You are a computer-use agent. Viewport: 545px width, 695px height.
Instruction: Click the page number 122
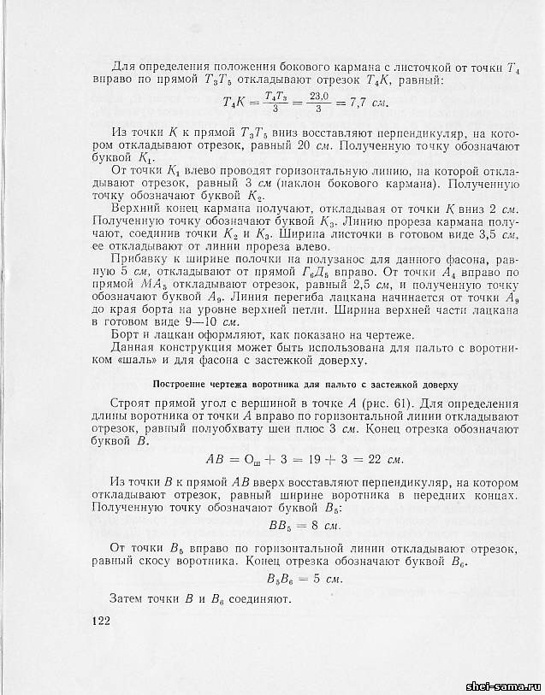[x=101, y=621]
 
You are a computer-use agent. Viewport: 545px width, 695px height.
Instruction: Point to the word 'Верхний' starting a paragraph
[x=139, y=208]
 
